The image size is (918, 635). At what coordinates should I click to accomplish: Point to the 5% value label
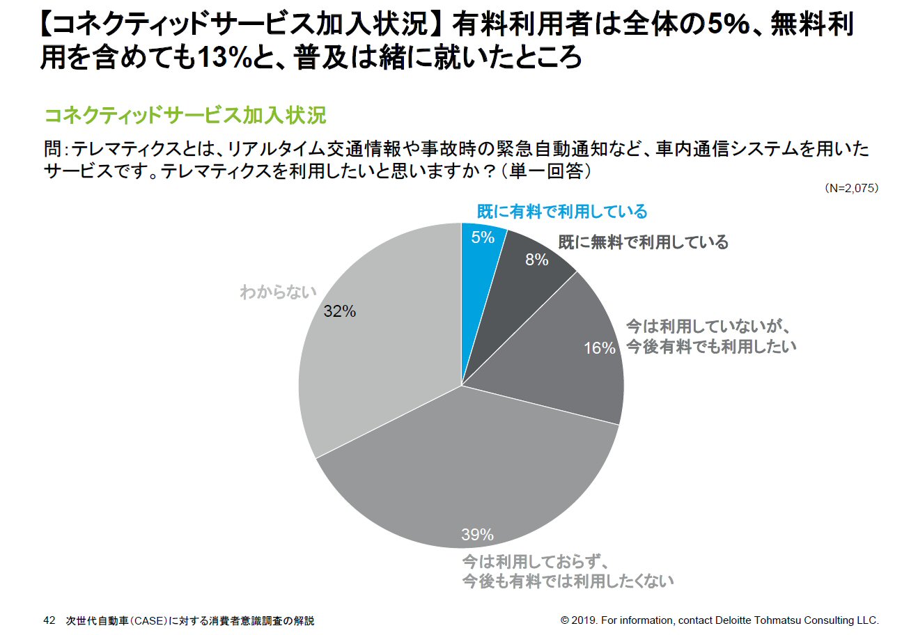point(483,237)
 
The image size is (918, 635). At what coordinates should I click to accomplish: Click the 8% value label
point(537,260)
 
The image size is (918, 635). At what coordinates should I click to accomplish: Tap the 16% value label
point(599,348)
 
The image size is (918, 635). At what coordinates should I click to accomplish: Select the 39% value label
point(477,535)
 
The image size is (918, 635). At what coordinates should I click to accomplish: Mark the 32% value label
point(340,312)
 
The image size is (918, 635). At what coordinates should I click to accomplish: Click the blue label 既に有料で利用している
point(561,212)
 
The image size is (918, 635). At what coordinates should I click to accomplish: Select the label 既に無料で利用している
point(643,242)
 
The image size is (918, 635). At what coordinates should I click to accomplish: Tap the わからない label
point(278,292)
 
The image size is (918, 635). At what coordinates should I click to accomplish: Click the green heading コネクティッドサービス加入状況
point(185,116)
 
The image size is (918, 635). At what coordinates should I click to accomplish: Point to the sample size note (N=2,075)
point(850,189)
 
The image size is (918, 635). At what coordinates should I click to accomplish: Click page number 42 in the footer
point(49,620)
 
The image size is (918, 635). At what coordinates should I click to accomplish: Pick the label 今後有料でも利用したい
point(710,346)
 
